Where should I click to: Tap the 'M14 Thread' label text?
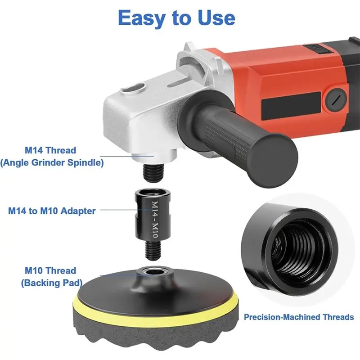[x=50, y=150]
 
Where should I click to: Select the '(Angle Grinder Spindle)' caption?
[x=52, y=162]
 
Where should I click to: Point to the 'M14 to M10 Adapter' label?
[x=52, y=211]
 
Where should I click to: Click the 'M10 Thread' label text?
[x=50, y=270]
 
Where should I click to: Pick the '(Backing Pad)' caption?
[x=52, y=283]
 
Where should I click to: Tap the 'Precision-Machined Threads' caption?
[x=299, y=317]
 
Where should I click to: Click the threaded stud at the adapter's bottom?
[x=153, y=250]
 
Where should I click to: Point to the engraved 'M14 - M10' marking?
[x=155, y=219]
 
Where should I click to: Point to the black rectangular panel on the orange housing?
[x=291, y=106]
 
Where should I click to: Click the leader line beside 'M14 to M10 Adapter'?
[x=126, y=210]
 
